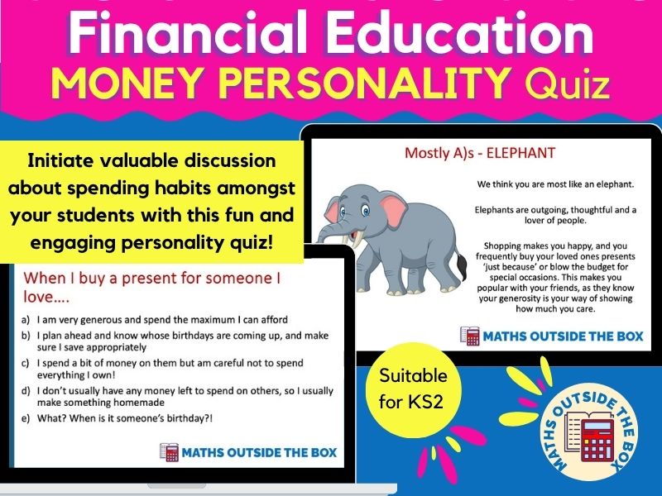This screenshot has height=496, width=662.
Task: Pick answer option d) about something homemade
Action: pyautogui.click(x=165, y=397)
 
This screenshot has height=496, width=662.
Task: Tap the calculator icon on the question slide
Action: pyautogui.click(x=169, y=451)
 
